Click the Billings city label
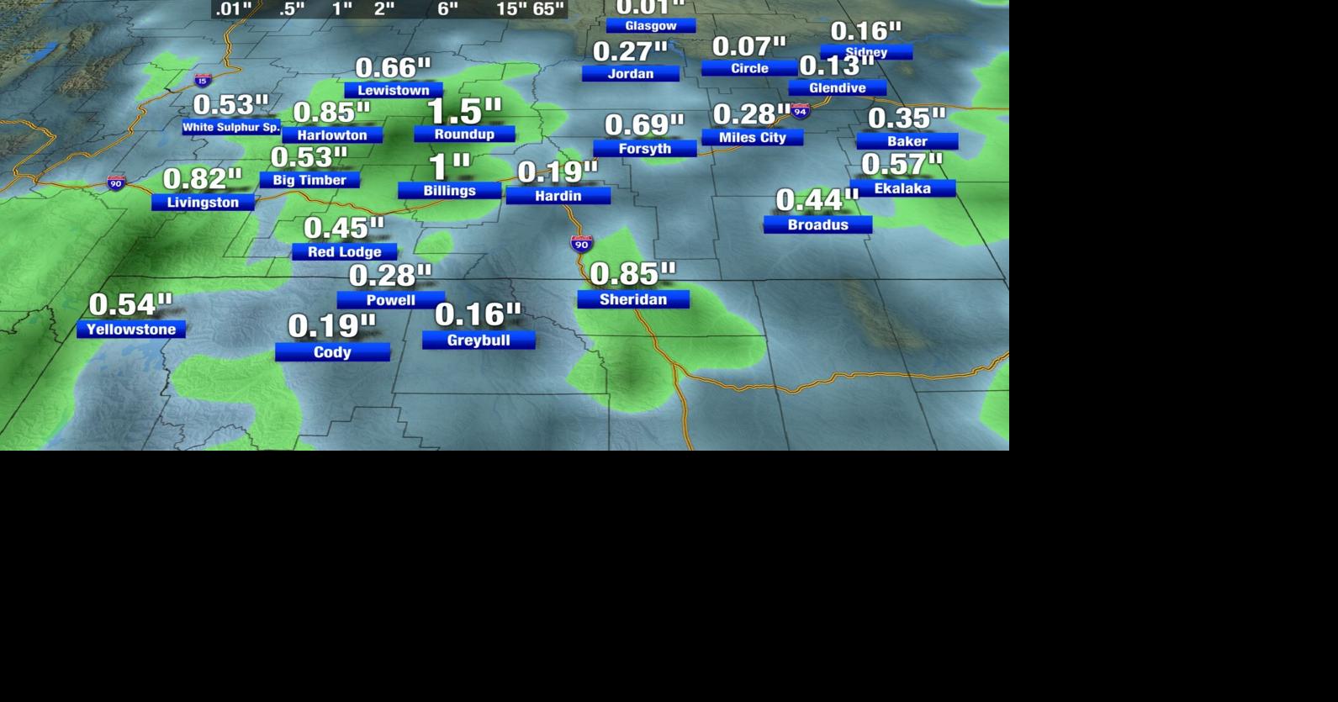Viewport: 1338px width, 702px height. pyautogui.click(x=449, y=191)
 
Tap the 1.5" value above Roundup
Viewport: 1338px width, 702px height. pyautogui.click(x=464, y=111)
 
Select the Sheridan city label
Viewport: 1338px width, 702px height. pyautogui.click(x=632, y=299)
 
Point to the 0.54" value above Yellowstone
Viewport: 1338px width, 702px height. pyautogui.click(x=130, y=304)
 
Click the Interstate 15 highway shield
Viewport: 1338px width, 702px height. pyautogui.click(x=203, y=81)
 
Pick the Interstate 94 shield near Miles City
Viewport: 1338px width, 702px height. pyautogui.click(x=801, y=111)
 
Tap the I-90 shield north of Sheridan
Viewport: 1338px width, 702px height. pyautogui.click(x=581, y=244)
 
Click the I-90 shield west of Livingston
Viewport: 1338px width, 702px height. pyautogui.click(x=116, y=182)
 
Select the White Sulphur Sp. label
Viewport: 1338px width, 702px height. pyautogui.click(x=231, y=127)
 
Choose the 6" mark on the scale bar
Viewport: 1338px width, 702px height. pyautogui.click(x=447, y=9)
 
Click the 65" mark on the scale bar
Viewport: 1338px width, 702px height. pyautogui.click(x=548, y=9)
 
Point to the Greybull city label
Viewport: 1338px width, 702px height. pyautogui.click(x=478, y=340)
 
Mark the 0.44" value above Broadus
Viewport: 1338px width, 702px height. pyautogui.click(x=817, y=200)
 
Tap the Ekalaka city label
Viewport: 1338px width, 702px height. pyautogui.click(x=902, y=188)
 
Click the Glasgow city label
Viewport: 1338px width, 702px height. pyautogui.click(x=650, y=26)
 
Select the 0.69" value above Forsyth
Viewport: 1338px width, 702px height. pyautogui.click(x=644, y=125)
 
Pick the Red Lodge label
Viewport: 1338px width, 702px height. pyautogui.click(x=344, y=251)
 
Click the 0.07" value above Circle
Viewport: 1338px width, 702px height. pyautogui.click(x=748, y=46)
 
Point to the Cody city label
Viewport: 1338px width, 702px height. pyautogui.click(x=332, y=352)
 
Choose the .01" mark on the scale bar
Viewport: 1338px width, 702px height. pyautogui.click(x=234, y=9)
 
